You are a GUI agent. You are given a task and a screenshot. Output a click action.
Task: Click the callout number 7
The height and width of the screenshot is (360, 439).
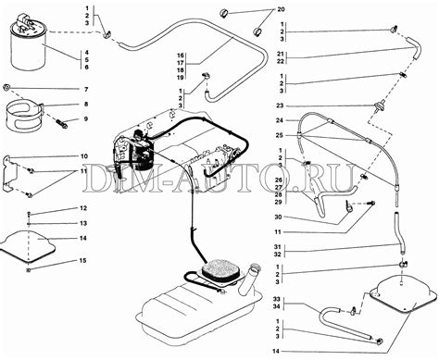[86, 90]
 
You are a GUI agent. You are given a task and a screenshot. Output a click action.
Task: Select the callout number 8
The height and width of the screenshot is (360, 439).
[86, 105]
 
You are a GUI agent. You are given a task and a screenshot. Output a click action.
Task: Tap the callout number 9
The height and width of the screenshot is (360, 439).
[86, 119]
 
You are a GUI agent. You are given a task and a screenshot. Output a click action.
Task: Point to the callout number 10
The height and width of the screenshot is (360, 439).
[84, 156]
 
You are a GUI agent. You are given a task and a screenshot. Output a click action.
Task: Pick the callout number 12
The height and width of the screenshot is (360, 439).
[83, 208]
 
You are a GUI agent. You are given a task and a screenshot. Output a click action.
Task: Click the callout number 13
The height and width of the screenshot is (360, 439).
[83, 223]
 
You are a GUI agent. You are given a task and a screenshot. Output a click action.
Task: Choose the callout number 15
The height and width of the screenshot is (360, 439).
[82, 261]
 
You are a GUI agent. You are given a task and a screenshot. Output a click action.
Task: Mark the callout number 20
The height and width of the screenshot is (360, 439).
[281, 9]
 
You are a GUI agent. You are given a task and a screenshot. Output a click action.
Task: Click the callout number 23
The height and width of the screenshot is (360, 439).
[280, 106]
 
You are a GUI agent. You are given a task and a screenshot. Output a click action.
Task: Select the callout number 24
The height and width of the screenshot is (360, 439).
[280, 120]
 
